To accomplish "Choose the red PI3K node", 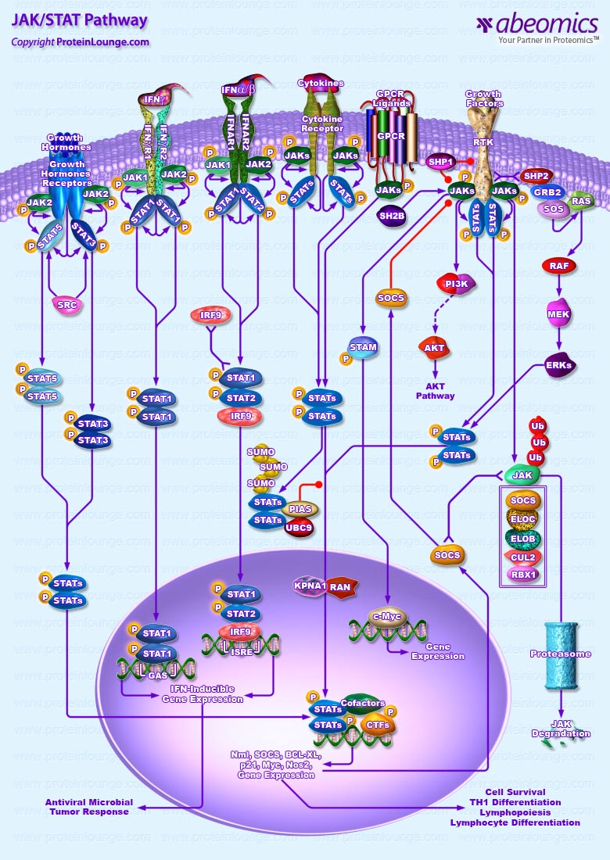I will click(456, 285).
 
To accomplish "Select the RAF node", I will click(559, 266).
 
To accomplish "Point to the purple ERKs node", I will click(559, 365).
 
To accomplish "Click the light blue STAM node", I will click(363, 348).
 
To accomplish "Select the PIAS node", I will click(300, 509).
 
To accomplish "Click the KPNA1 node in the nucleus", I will click(310, 586).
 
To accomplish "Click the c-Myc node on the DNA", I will click(389, 618).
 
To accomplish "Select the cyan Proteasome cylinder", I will click(562, 654).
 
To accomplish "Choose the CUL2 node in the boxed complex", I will click(523, 557).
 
